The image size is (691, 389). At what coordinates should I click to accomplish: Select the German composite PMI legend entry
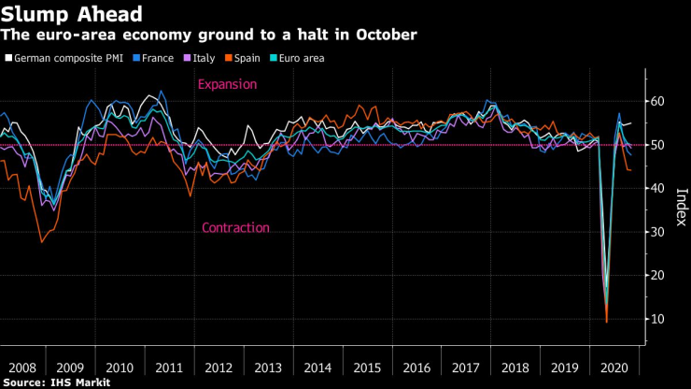[67, 58]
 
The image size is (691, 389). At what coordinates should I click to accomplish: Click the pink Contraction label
[235, 227]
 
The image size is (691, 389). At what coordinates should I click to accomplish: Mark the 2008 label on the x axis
[24, 367]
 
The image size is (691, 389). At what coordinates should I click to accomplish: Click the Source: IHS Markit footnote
[56, 382]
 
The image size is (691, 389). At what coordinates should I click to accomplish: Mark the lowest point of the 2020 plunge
[606, 322]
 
